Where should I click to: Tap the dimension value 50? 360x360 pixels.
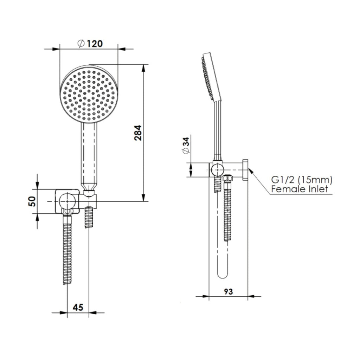pos(32,201)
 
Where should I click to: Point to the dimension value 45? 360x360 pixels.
pos(78,307)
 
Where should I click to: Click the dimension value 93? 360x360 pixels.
pos(228,291)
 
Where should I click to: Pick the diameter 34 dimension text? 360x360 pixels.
pos(186,145)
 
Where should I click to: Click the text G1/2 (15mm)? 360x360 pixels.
pos(301,180)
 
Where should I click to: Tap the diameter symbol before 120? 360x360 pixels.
pos(81,44)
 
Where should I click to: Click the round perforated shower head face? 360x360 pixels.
pos(89,94)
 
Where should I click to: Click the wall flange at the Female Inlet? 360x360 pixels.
pos(245,170)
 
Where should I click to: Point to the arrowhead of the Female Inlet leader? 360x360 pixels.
pos(249,170)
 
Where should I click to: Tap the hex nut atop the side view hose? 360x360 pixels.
pos(228,178)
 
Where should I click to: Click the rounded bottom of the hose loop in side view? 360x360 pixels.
pos(221,274)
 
